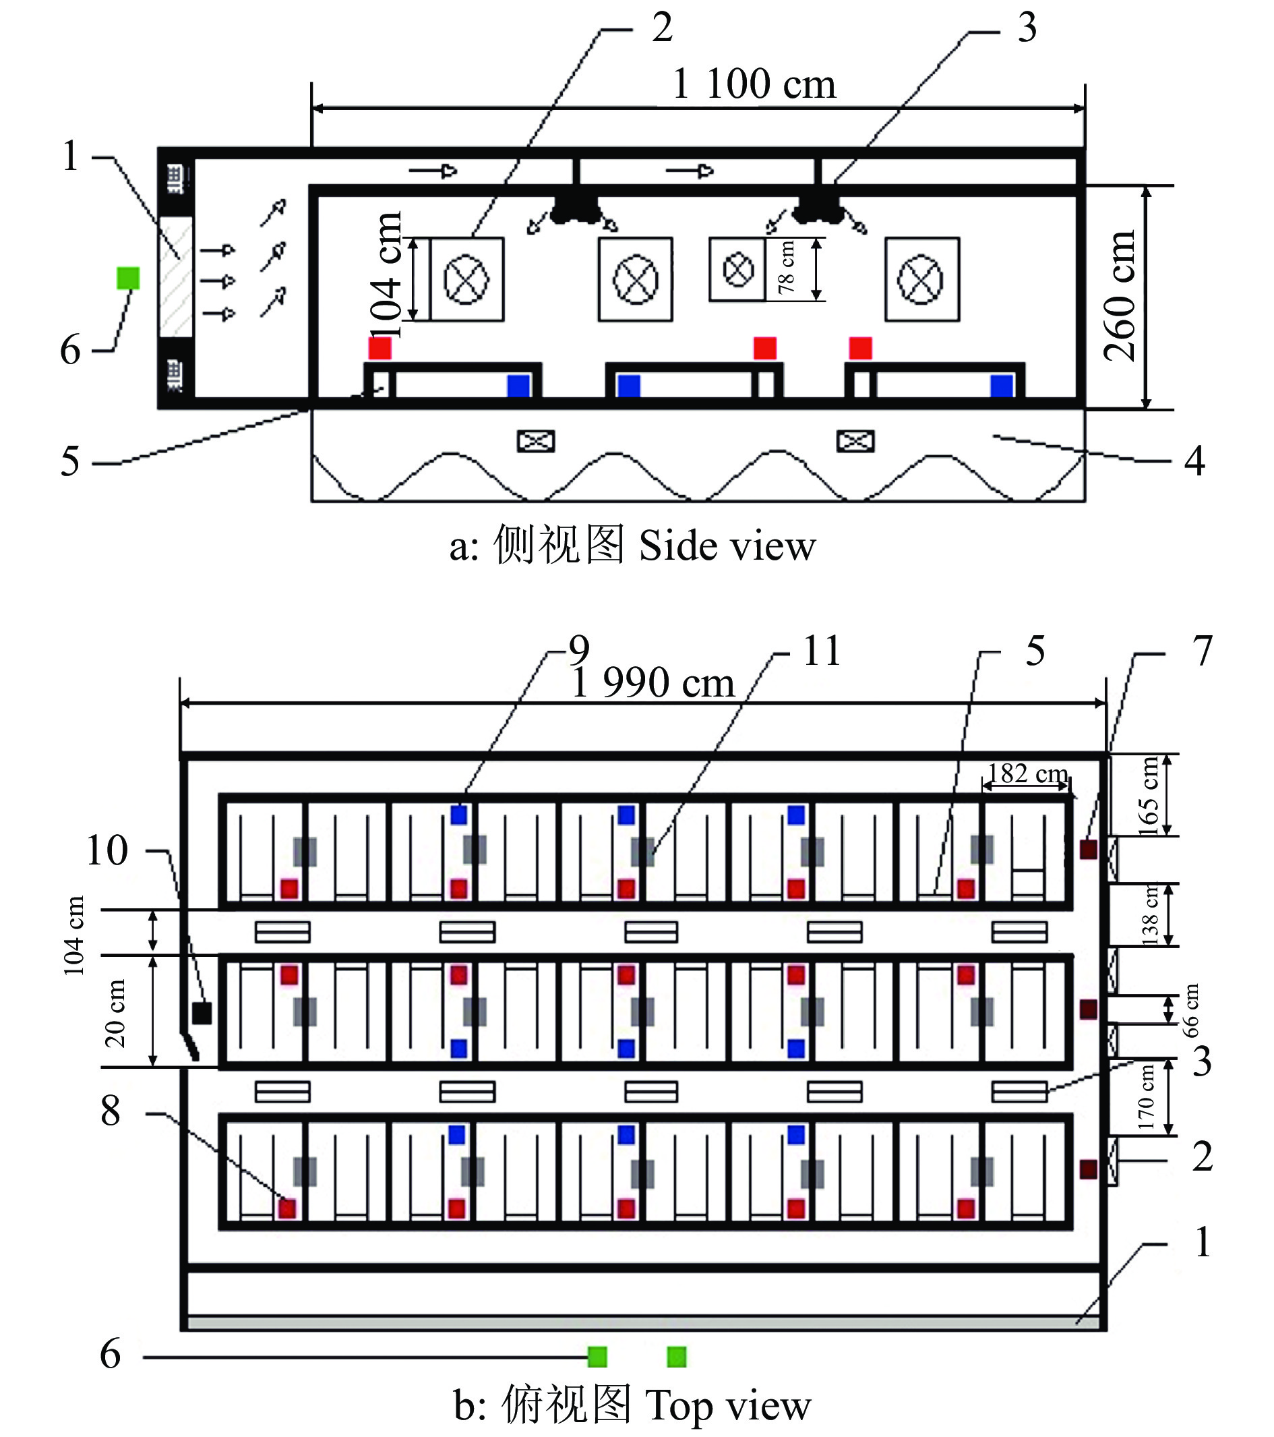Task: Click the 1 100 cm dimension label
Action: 754,84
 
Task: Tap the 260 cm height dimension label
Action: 1120,295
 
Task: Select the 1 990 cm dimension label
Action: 653,682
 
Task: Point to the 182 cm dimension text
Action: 1027,774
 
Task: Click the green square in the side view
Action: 128,278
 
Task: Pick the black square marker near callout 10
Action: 202,1013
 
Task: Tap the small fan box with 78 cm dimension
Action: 737,270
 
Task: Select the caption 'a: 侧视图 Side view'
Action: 632,546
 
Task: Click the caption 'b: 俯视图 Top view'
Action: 632,1405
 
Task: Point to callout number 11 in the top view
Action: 822,651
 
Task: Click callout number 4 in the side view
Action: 1194,461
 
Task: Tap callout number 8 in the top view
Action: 111,1111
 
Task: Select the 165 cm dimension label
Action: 1147,796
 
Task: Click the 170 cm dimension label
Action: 1145,1097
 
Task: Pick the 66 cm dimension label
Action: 1190,1010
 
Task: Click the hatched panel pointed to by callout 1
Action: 176,277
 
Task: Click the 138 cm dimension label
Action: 1149,914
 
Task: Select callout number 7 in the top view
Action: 1203,651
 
